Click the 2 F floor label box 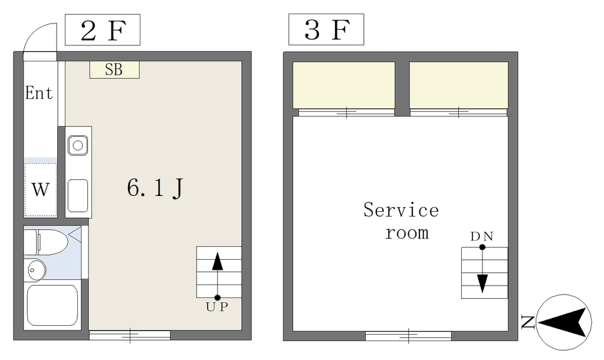tap(103, 30)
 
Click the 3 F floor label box tap(326, 30)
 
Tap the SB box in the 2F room tap(114, 70)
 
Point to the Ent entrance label tap(39, 93)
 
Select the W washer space tap(41, 189)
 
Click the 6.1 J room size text tap(155, 188)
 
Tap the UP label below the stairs tap(217, 307)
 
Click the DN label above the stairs tap(482, 236)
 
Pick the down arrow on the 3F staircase tap(482, 269)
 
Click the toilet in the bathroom tap(45, 241)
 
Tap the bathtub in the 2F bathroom tap(52, 305)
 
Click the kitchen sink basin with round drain tap(78, 145)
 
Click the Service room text tap(401, 221)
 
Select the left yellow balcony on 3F tap(344, 85)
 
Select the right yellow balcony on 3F tap(459, 85)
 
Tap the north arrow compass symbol tap(564, 322)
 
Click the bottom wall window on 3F tap(408, 336)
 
